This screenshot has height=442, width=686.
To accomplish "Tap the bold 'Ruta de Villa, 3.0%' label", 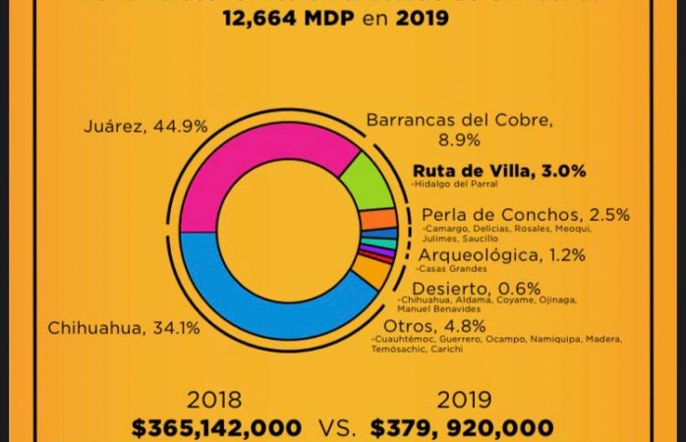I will coord(499,170).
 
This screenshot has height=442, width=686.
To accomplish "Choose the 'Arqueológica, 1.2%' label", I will coord(501,254).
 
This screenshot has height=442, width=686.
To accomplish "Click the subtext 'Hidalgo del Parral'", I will coord(456,185).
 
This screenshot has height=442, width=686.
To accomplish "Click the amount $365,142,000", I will coord(217,427).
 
